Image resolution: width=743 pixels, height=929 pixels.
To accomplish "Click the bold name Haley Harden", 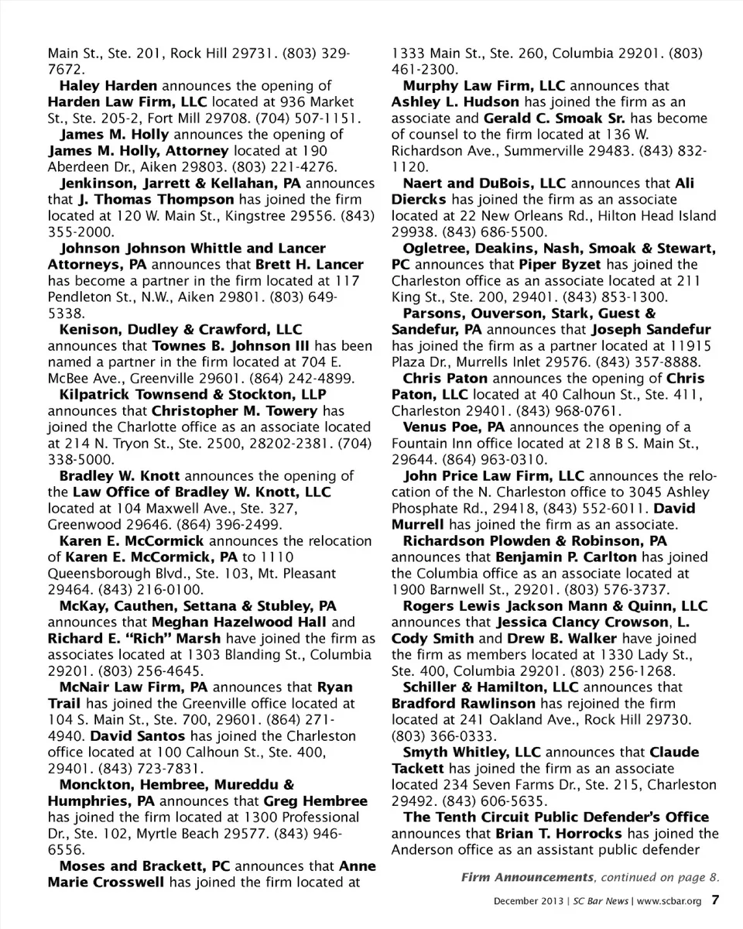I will point(108,86).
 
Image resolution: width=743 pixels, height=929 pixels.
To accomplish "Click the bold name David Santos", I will point(138,736).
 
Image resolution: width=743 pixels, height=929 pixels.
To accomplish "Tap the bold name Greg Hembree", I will point(316,801).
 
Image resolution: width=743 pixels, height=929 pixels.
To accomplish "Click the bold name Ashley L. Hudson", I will point(455,102).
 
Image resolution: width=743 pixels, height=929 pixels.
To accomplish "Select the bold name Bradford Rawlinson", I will point(463,704).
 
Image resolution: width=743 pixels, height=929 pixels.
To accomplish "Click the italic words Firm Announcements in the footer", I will point(527,877).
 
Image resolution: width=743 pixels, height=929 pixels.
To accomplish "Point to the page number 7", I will point(716,900).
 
